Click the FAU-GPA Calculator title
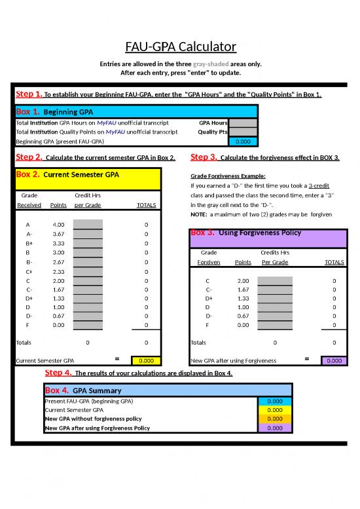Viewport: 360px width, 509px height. pos(180,47)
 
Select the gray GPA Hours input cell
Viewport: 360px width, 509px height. pos(243,123)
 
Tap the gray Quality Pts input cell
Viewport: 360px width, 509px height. pos(243,131)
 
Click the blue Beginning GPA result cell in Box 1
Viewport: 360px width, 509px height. pos(243,141)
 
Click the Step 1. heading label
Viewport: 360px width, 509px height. pos(29,94)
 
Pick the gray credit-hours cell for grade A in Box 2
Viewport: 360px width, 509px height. pos(88,225)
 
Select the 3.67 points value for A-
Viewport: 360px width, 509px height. pos(58,234)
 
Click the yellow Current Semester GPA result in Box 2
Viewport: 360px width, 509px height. pos(146,360)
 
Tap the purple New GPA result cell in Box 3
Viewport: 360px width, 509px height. pos(334,360)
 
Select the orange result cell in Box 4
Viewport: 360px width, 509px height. pos(276,419)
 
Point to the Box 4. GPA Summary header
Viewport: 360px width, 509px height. pos(83,390)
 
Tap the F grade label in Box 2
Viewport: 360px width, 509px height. pos(27,325)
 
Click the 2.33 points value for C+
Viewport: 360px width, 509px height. pos(58,271)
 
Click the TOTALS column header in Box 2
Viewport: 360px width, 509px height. pos(146,205)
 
